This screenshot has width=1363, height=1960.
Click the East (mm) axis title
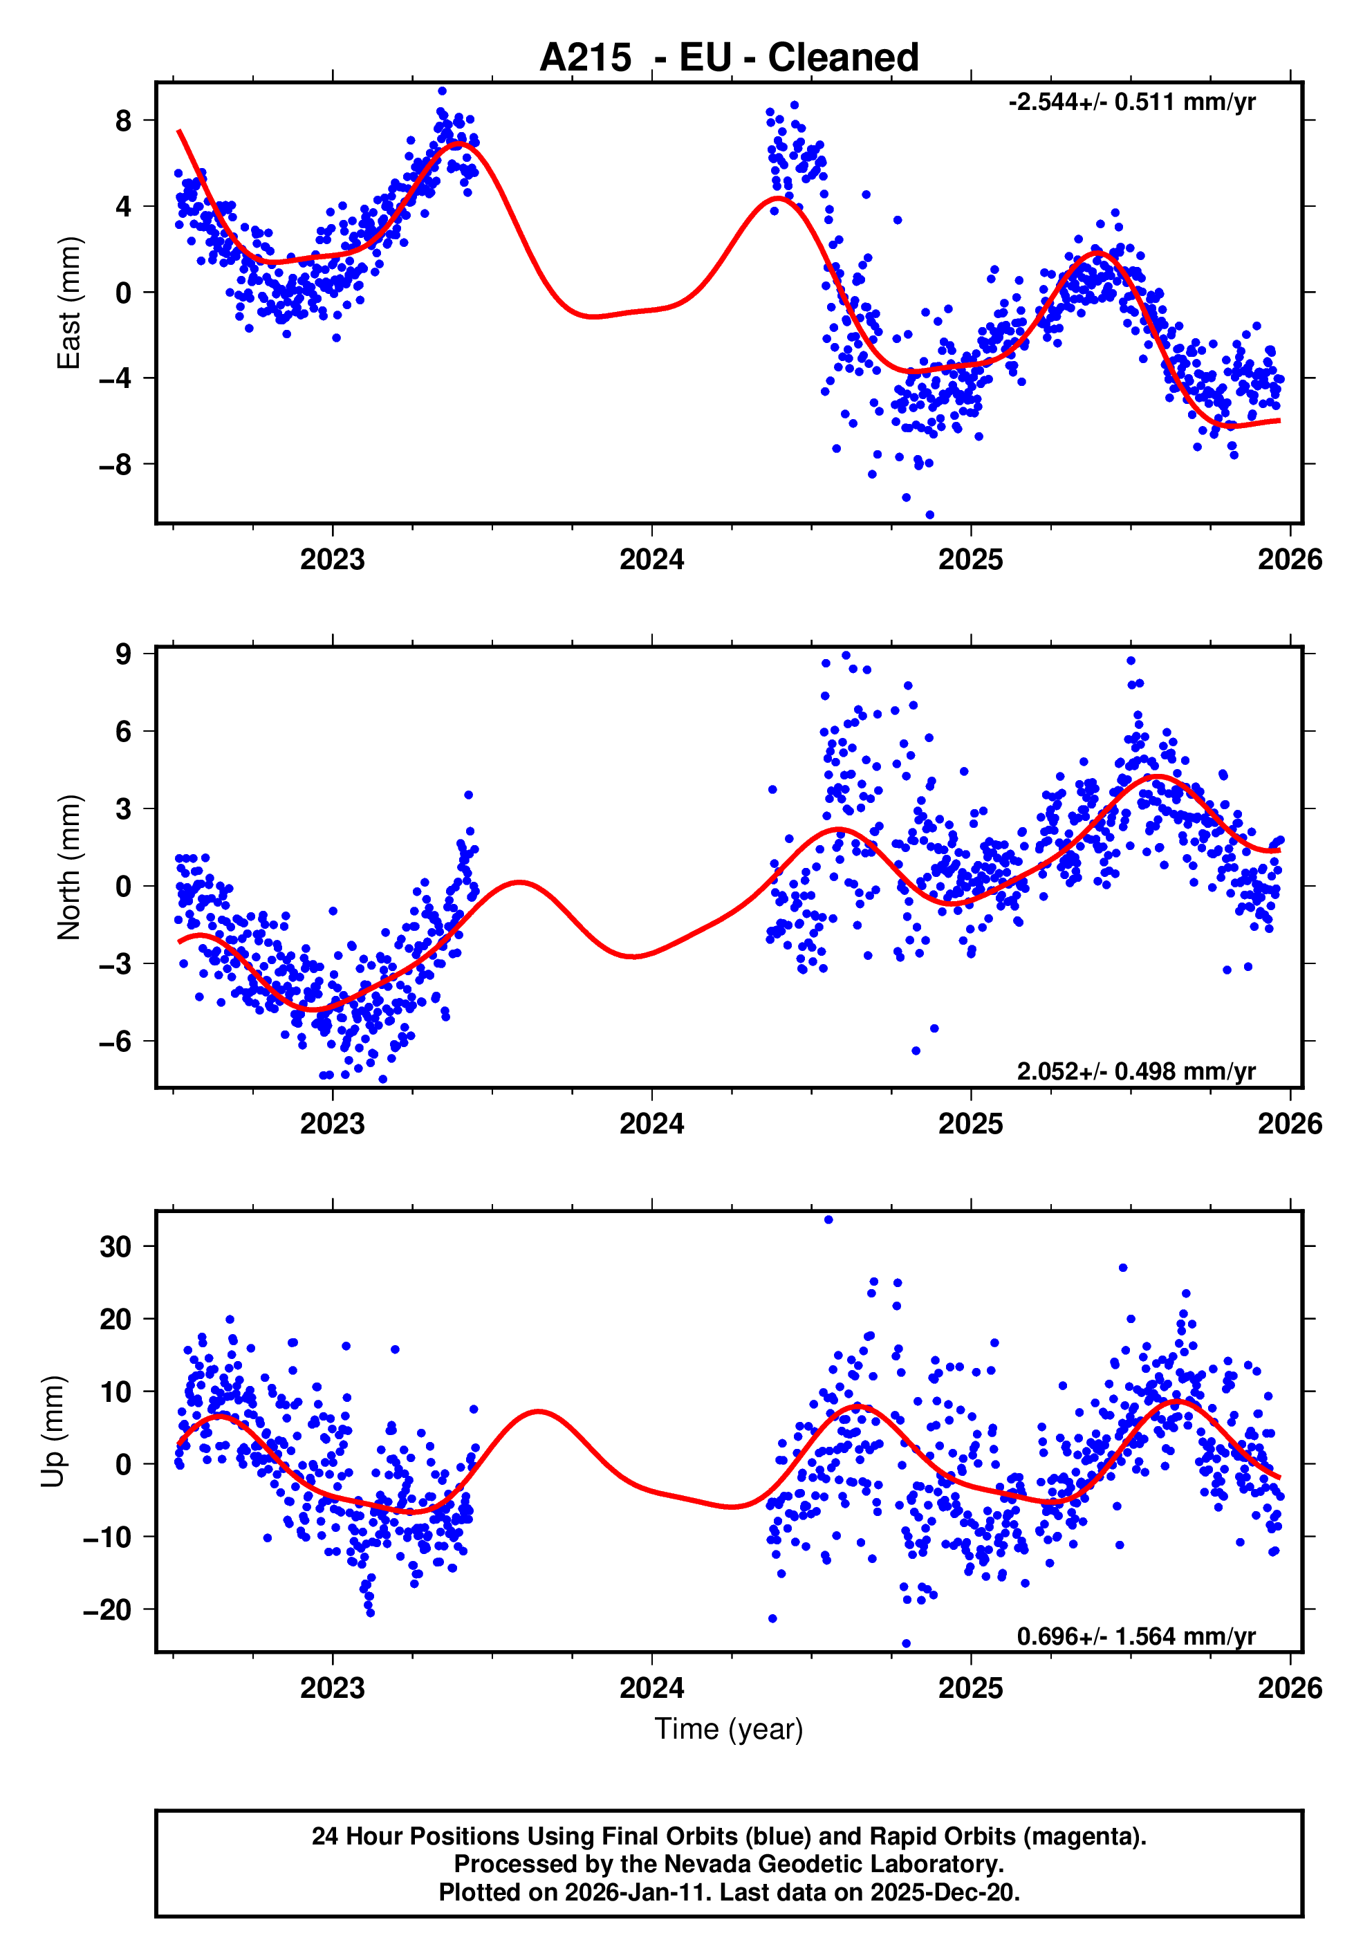point(68,303)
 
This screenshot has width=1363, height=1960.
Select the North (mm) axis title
point(68,867)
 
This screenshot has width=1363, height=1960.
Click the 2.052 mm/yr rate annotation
point(1135,1071)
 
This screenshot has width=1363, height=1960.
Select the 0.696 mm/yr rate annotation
point(1135,1636)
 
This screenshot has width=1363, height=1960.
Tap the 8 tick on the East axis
point(124,120)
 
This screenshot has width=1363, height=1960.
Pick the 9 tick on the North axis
point(124,654)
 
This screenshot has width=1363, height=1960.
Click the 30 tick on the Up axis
point(115,1247)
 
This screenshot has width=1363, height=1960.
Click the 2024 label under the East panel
point(651,560)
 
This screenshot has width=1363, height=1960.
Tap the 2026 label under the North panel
point(1289,1125)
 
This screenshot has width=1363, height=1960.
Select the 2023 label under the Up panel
point(332,1688)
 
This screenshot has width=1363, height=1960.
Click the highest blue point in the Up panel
point(828,1220)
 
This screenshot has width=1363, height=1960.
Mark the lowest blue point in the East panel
point(929,515)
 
